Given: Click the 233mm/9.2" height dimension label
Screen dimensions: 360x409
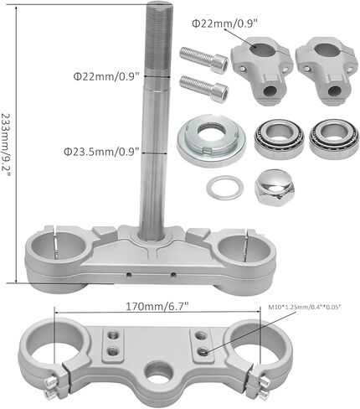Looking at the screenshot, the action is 6,145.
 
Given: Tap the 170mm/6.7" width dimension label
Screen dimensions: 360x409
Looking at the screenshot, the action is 157,307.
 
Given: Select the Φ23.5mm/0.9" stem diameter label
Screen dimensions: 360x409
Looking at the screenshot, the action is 101,152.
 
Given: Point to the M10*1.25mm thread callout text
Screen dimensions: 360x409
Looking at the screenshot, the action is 305,307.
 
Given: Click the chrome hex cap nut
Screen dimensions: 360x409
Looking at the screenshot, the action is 275,186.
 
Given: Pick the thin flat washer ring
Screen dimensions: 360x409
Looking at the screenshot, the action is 224,188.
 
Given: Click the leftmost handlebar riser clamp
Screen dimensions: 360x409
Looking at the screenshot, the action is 261,70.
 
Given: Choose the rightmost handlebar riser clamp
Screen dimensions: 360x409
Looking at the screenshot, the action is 327,70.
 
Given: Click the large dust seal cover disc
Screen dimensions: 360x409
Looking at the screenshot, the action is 211,140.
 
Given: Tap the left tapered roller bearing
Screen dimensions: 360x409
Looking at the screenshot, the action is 279,138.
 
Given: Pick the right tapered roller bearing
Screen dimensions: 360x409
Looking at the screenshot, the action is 334,138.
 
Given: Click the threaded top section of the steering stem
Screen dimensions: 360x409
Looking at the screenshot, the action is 157,39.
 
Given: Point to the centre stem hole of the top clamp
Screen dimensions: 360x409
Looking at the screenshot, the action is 159,372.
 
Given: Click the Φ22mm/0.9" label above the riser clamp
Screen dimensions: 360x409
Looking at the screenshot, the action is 224,23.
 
